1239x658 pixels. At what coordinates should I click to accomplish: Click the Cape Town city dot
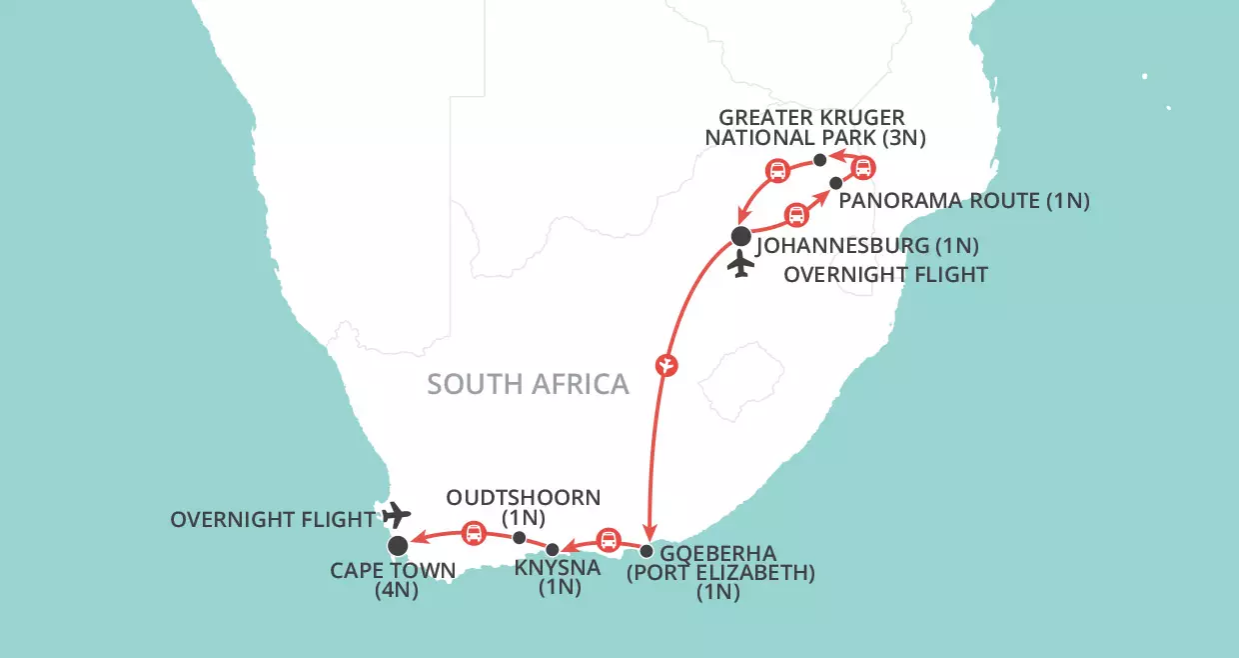coord(398,545)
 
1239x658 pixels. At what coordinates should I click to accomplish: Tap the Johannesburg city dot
coord(740,237)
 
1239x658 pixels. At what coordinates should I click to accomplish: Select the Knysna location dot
coord(553,549)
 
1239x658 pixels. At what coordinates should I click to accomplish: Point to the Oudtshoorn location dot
coord(519,538)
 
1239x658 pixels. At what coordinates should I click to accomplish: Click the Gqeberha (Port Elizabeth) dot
coord(646,551)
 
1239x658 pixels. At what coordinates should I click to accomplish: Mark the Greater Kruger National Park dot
coord(819,160)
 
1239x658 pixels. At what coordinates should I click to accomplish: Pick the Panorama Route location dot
coord(835,183)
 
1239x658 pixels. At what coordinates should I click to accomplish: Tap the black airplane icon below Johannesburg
coord(740,266)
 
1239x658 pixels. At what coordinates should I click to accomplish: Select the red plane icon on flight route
coord(667,365)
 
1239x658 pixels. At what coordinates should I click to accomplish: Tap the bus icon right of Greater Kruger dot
coord(862,167)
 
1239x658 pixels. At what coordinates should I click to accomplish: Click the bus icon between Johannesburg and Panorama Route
coord(795,214)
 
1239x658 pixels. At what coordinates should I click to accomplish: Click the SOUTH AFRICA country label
coord(528,384)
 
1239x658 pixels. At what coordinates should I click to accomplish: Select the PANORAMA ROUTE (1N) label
coord(964,201)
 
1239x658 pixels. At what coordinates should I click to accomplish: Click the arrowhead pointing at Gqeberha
coord(649,533)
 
